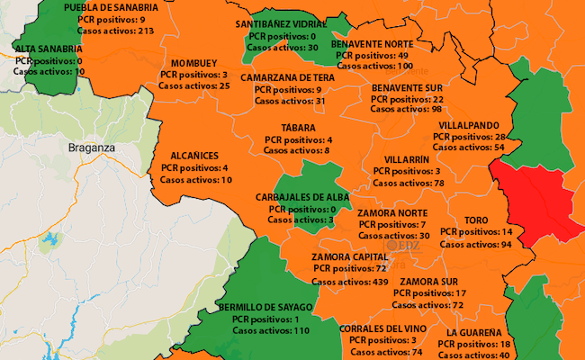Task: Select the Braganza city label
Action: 94,145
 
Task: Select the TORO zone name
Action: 476,220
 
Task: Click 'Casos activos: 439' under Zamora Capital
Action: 350,282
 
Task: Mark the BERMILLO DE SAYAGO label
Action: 266,307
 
